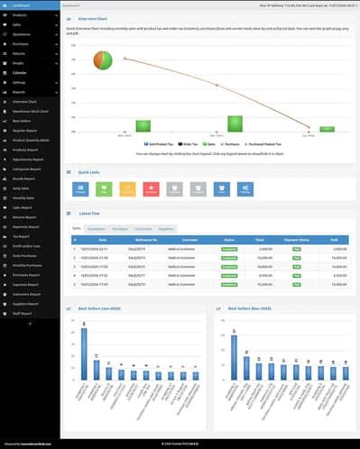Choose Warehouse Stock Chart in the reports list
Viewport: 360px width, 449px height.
(30, 110)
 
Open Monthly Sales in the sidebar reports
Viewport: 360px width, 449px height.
(24, 196)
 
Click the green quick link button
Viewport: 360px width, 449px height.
(105, 188)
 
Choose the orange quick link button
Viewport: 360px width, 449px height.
(128, 188)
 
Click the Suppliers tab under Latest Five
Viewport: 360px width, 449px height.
(167, 229)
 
